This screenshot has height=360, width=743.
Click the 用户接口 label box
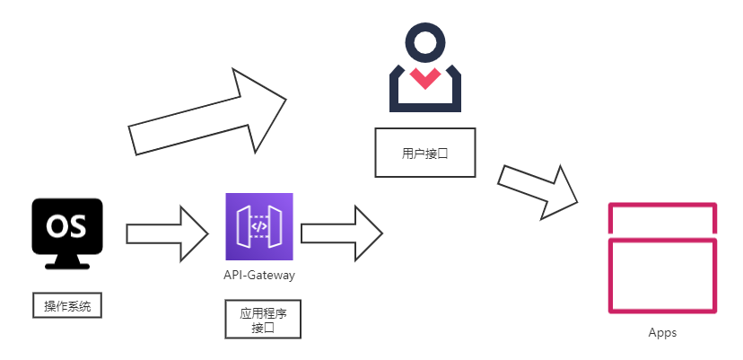tap(424, 153)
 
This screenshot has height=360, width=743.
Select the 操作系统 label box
tap(67, 306)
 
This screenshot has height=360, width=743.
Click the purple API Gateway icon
tap(258, 226)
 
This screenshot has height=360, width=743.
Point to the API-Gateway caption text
tap(259, 276)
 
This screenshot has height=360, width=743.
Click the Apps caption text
tap(662, 333)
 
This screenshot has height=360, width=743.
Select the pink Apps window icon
tap(663, 258)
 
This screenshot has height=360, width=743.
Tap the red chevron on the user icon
tap(424, 78)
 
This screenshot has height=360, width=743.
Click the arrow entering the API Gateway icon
tap(168, 233)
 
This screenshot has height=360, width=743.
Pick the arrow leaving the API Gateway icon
tap(342, 233)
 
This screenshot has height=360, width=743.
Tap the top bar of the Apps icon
tap(663, 218)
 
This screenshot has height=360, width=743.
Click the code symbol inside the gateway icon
tap(258, 226)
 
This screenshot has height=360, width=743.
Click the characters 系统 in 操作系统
tap(79, 306)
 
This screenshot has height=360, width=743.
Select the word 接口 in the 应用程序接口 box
tap(262, 328)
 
